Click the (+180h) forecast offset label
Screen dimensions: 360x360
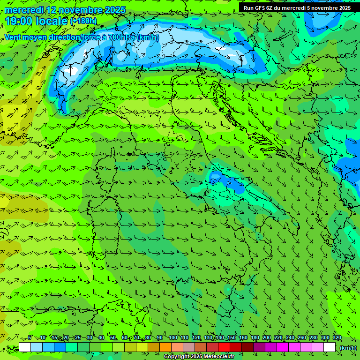(83, 21)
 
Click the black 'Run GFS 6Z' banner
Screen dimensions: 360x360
(297, 8)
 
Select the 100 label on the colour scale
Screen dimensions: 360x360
(173, 338)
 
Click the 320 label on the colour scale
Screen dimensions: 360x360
(337, 338)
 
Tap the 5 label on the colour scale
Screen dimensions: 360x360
(30, 338)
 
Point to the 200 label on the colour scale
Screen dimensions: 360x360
(267, 338)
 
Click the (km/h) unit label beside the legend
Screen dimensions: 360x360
(347, 348)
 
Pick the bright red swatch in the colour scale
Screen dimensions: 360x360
(224, 347)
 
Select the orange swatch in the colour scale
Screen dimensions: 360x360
(165, 347)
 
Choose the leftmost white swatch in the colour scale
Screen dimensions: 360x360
(25, 347)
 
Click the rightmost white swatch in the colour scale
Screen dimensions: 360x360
(330, 347)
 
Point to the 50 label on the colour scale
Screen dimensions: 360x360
(113, 338)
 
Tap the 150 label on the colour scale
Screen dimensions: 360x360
(232, 338)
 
